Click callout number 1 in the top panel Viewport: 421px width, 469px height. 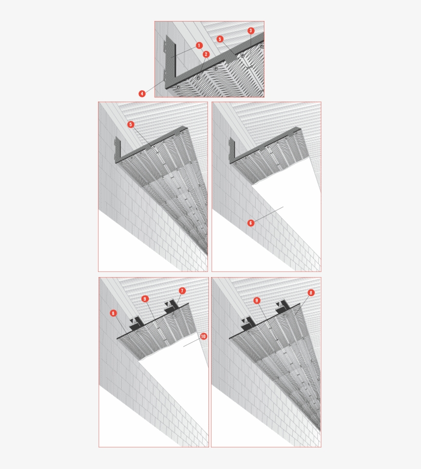(x=199, y=46)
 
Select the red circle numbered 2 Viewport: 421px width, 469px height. (x=206, y=54)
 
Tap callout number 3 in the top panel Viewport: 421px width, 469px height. (x=251, y=30)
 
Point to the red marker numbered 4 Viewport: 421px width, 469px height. (x=142, y=93)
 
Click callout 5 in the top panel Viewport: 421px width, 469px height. (x=220, y=39)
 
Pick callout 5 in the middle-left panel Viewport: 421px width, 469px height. (x=130, y=124)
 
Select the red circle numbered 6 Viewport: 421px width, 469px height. (x=251, y=223)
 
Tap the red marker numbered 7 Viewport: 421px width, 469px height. (x=182, y=290)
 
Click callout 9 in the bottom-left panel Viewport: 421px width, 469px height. (x=145, y=299)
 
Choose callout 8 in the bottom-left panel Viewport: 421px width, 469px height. (x=113, y=313)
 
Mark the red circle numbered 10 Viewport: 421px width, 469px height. (x=203, y=336)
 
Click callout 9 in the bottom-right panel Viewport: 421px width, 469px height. (x=256, y=301)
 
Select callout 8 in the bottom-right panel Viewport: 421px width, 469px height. (x=311, y=292)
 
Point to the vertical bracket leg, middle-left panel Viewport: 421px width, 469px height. (x=118, y=149)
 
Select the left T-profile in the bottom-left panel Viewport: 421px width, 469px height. (x=137, y=324)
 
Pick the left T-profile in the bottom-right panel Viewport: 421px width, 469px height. (x=248, y=324)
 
